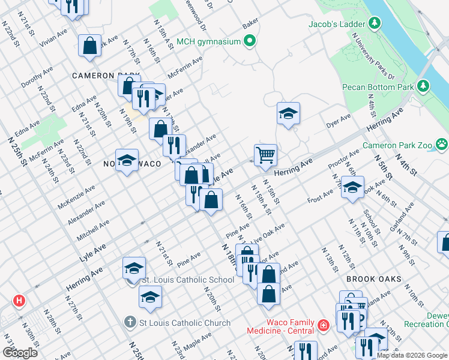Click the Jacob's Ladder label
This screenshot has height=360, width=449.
pos(336,25)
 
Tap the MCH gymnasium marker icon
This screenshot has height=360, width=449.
pos(250,41)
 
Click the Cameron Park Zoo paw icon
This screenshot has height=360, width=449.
pos(442,144)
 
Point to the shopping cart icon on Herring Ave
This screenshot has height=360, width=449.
pos(265,155)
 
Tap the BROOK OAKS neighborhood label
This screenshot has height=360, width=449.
pos(373,280)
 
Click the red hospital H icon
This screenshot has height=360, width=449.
pos(20,300)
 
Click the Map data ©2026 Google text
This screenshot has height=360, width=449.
pos(411,355)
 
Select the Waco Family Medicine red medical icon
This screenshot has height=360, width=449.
pos(324,326)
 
